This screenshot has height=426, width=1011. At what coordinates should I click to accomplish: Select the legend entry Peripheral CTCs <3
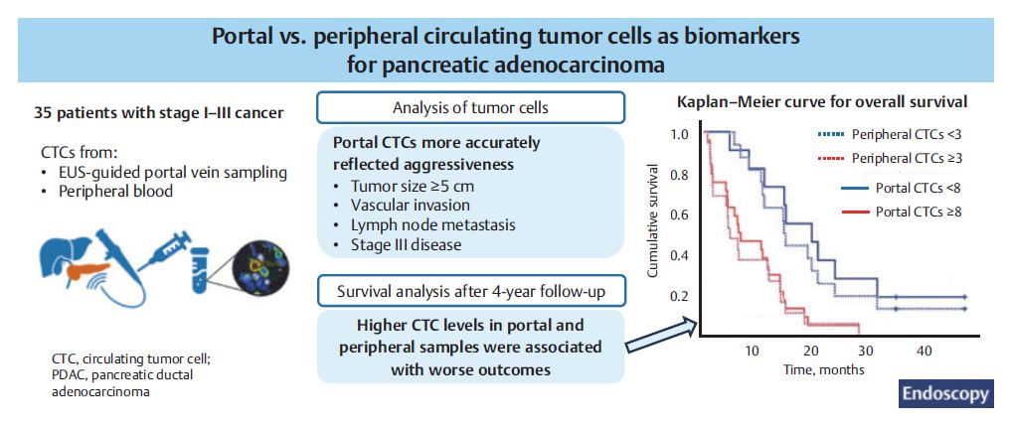891,135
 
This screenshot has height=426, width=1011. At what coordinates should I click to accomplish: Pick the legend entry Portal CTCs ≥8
902,211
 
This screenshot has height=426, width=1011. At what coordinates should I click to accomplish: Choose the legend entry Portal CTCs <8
902,189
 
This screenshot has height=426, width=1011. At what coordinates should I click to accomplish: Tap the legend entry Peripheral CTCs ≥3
891,158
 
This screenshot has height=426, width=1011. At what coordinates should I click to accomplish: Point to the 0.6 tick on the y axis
680,214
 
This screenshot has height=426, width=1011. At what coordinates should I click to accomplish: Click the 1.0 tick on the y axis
680,135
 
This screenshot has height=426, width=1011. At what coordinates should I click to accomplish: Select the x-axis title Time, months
823,370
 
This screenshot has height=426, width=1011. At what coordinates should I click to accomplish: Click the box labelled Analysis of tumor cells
470,107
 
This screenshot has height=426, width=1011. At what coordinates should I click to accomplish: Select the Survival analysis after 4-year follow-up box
470,291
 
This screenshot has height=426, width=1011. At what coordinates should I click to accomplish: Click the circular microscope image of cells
260,265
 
